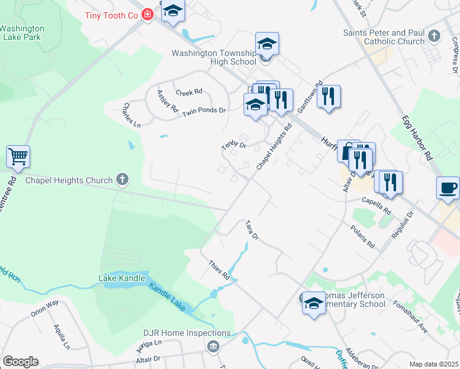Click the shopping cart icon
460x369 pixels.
tap(18, 156)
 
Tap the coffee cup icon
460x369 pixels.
tap(448, 186)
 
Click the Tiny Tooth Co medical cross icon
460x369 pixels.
tap(147, 14)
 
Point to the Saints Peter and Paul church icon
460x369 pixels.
tap(435, 36)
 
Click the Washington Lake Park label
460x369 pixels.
tap(22, 33)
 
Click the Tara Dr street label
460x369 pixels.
tap(252, 229)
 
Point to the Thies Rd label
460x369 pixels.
tap(218, 269)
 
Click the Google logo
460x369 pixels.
tap(20, 362)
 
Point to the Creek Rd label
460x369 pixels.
tap(189, 92)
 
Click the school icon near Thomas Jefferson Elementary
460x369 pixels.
tap(314, 303)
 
